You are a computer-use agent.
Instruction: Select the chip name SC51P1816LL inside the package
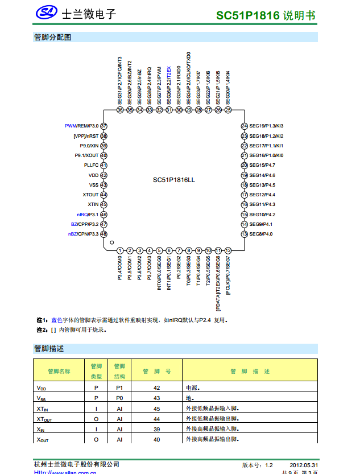[x=173, y=180]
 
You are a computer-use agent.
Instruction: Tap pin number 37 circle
[x=104, y=126]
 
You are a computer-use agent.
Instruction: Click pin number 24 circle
[x=244, y=126]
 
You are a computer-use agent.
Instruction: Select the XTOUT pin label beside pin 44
[x=90, y=195]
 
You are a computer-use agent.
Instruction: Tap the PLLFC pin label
[x=91, y=165]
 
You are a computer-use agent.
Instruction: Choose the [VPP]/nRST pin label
[x=86, y=136]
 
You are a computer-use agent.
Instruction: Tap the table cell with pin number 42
[x=157, y=388]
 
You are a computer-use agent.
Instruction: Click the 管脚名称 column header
[x=59, y=371]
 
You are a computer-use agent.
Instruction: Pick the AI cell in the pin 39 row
[x=119, y=429]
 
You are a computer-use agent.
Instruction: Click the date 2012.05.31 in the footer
[x=304, y=465]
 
